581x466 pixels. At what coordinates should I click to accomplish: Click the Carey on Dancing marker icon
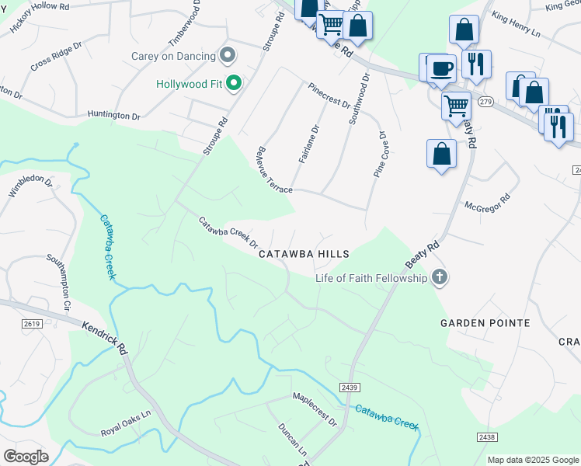(x=228, y=55)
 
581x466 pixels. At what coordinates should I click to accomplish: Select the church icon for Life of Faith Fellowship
(x=440, y=277)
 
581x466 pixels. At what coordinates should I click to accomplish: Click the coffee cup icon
(x=441, y=68)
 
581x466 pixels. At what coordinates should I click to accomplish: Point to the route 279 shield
(x=485, y=102)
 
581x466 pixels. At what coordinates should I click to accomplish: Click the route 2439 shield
(x=348, y=386)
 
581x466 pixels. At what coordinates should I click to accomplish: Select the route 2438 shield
(x=487, y=438)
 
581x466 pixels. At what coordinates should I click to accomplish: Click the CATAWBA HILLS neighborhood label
(x=304, y=254)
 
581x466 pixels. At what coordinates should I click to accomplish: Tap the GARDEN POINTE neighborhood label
(x=485, y=322)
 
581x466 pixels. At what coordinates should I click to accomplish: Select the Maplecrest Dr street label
(x=315, y=409)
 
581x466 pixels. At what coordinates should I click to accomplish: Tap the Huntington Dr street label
(x=113, y=115)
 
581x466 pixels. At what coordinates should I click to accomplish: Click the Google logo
(x=26, y=456)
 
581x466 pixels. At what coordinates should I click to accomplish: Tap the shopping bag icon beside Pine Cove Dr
(x=441, y=153)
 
